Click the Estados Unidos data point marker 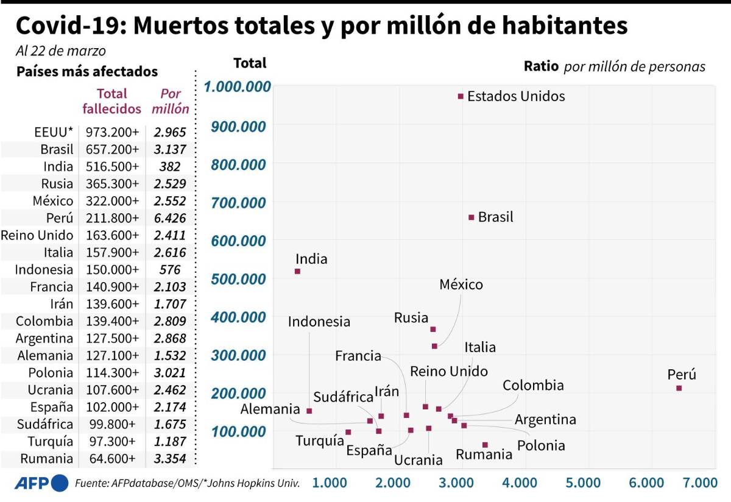461,96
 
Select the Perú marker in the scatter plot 679,388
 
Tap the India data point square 297,271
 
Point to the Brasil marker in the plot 471,217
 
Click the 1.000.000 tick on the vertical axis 238,87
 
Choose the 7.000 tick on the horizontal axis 700,483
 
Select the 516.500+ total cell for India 112,166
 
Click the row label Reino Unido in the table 37,235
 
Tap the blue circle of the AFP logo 60,483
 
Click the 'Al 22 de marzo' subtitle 61,51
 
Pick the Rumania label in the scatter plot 484,454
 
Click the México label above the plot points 461,285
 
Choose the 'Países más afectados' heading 87,71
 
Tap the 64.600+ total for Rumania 112,459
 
